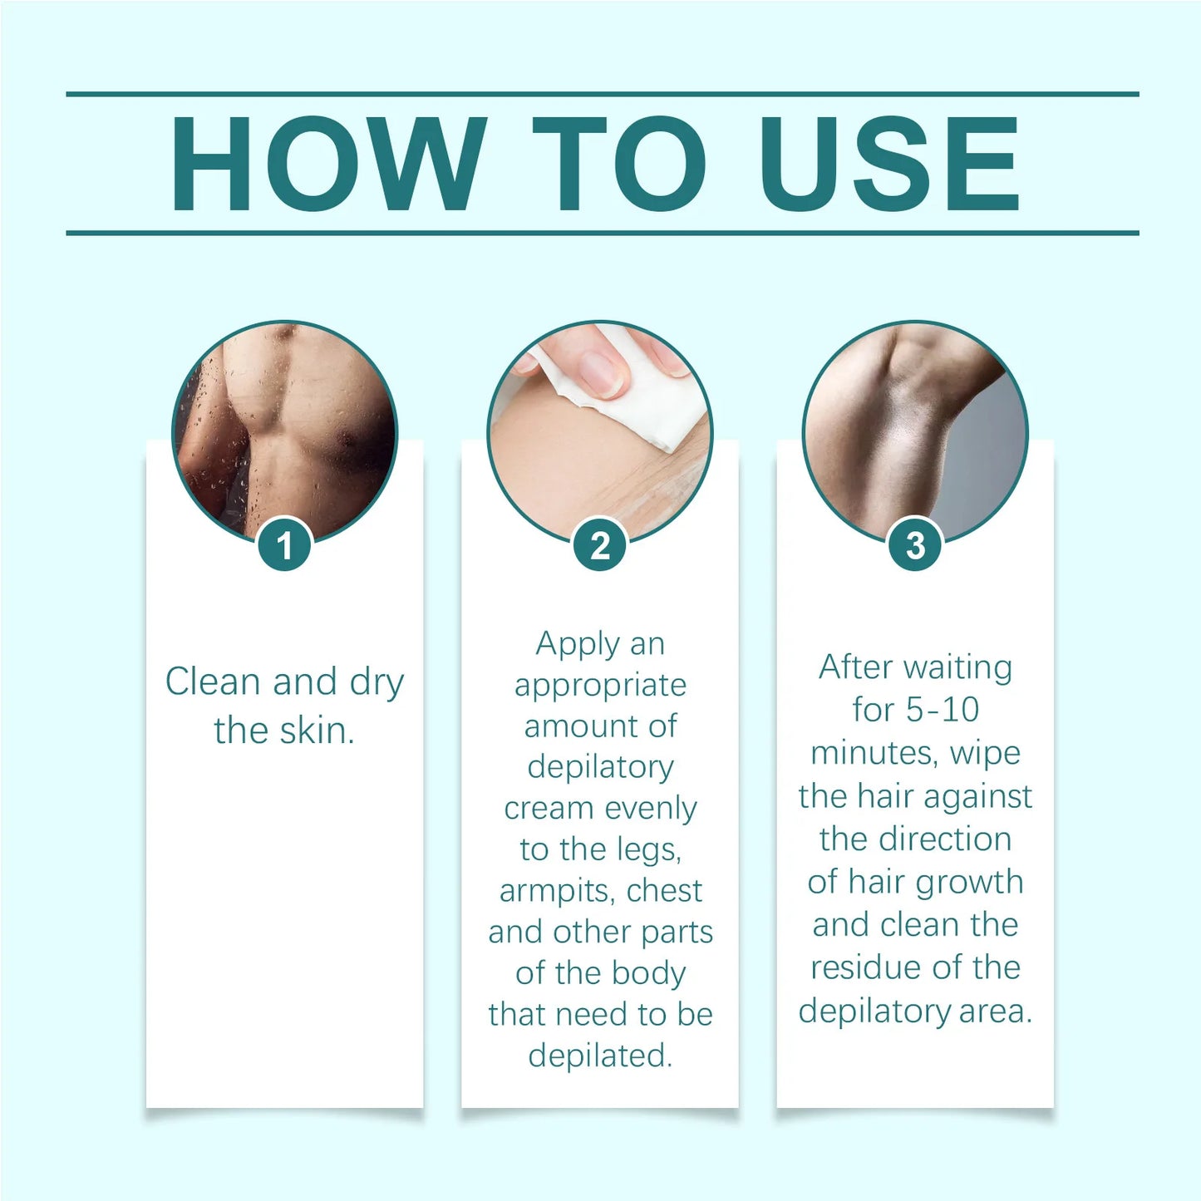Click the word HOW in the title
click(x=328, y=165)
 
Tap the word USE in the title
click(x=889, y=165)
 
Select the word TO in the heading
click(x=618, y=165)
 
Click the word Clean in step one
click(x=213, y=682)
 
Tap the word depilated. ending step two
click(x=600, y=1056)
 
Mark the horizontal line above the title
click(x=602, y=94)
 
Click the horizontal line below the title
click(x=602, y=233)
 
